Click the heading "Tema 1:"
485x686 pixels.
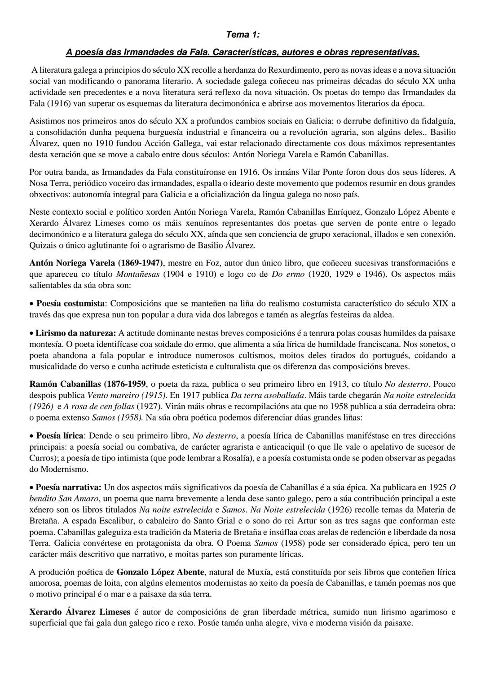(x=242, y=35)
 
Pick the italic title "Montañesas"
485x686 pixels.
(x=138, y=274)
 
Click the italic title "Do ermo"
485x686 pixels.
(x=288, y=274)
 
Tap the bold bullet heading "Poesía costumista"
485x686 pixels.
(x=71, y=303)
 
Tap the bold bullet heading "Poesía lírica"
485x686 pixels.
(x=60, y=436)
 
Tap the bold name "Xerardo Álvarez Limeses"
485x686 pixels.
(x=79, y=612)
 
